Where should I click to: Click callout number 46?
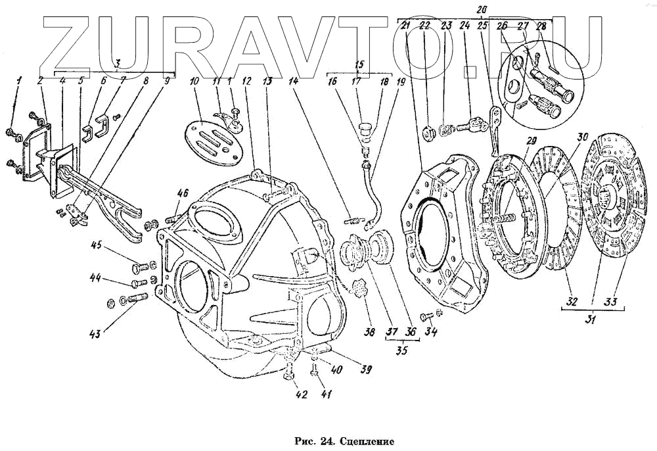click(183, 193)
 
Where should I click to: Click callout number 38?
click(370, 333)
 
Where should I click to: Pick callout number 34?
click(431, 333)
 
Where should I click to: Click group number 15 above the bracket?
click(359, 64)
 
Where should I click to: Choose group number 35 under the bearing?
click(401, 350)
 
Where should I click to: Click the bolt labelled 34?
click(426, 316)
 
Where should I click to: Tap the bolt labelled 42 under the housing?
click(287, 377)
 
